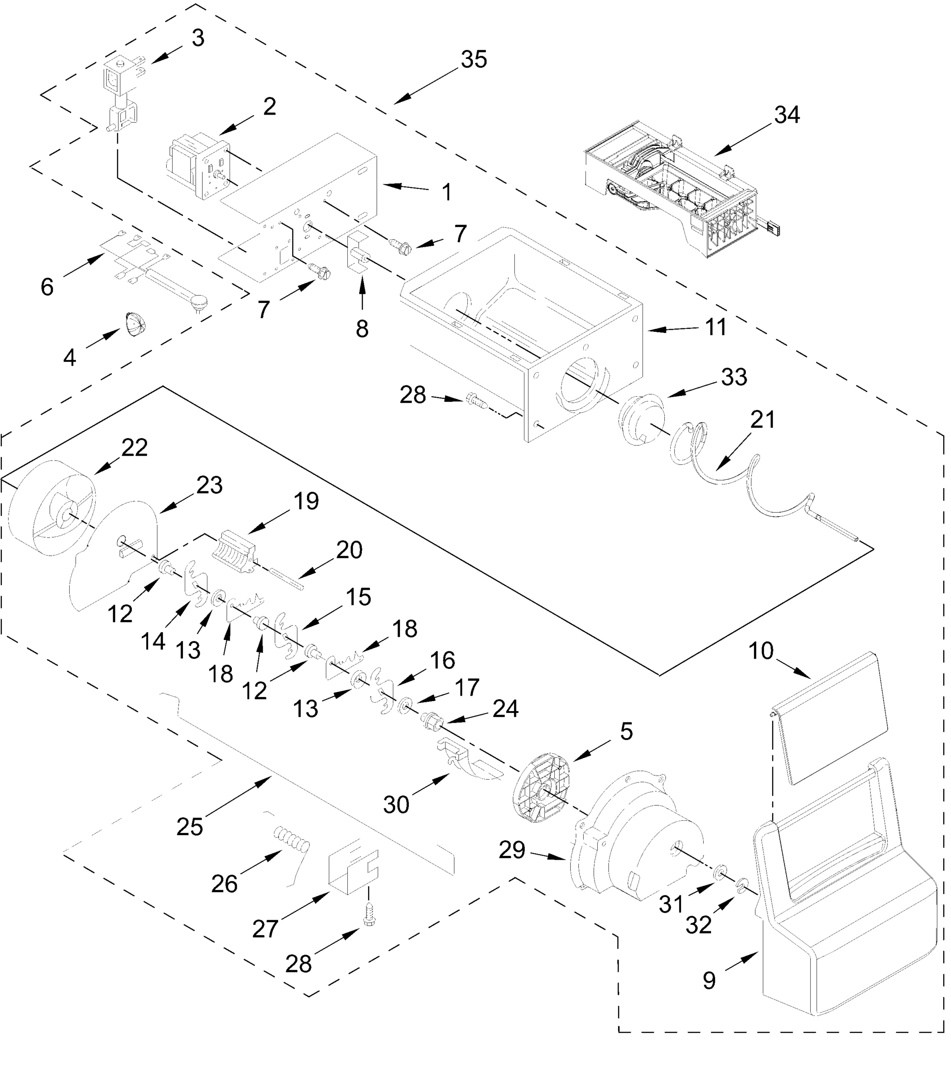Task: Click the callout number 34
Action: coord(787,115)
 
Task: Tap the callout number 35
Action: coord(473,59)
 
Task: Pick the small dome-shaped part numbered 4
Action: coord(135,324)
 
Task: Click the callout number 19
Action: coord(306,500)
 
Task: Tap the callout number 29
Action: coord(512,850)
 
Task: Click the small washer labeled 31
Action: coord(720,873)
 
